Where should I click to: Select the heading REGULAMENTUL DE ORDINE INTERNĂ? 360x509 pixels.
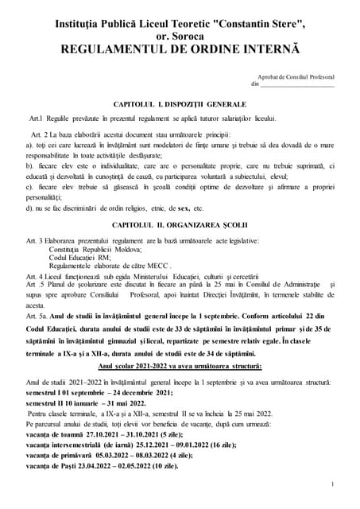pyautogui.click(x=179, y=49)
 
